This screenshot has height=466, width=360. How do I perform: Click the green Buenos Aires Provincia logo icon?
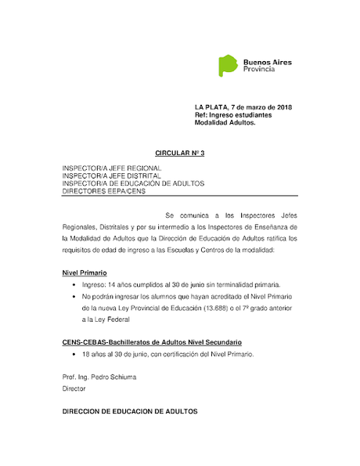click(227, 66)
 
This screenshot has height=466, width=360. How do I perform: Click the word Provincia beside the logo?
click(260, 70)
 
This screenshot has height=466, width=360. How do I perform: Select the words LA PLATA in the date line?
click(211, 107)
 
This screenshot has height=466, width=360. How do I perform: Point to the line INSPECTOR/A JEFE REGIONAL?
click(112, 168)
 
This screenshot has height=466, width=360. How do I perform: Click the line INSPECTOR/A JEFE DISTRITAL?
click(112, 176)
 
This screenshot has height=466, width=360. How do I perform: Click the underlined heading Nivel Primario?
click(85, 273)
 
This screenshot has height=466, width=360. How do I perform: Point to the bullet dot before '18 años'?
click(74, 355)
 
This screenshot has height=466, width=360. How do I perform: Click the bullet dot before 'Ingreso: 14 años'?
click(74, 286)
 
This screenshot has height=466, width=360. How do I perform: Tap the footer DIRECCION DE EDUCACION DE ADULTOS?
click(130, 411)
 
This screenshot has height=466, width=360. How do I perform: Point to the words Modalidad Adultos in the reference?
click(225, 123)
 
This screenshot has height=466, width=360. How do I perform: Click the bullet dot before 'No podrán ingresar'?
click(74, 298)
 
